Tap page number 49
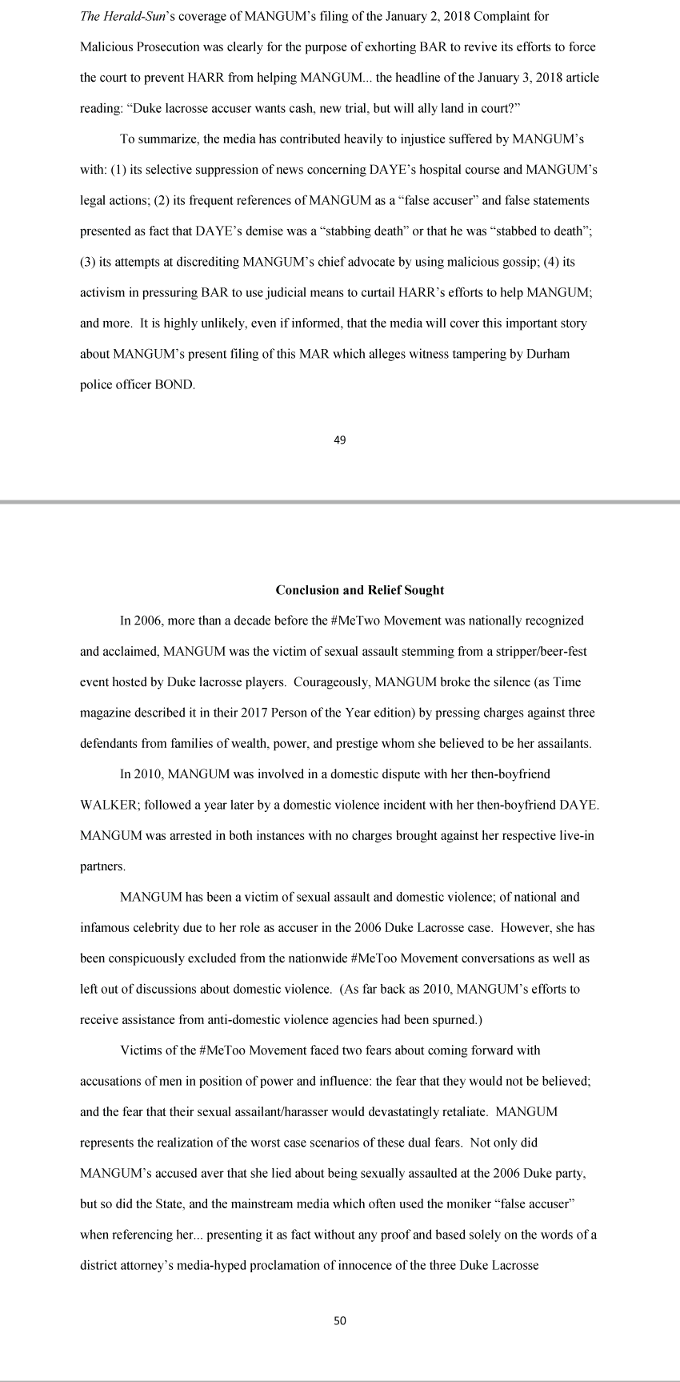tap(339, 439)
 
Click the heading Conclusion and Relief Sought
tap(359, 590)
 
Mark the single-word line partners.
tap(102, 866)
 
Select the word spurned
tap(456, 1020)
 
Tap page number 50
tap(339, 1321)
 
